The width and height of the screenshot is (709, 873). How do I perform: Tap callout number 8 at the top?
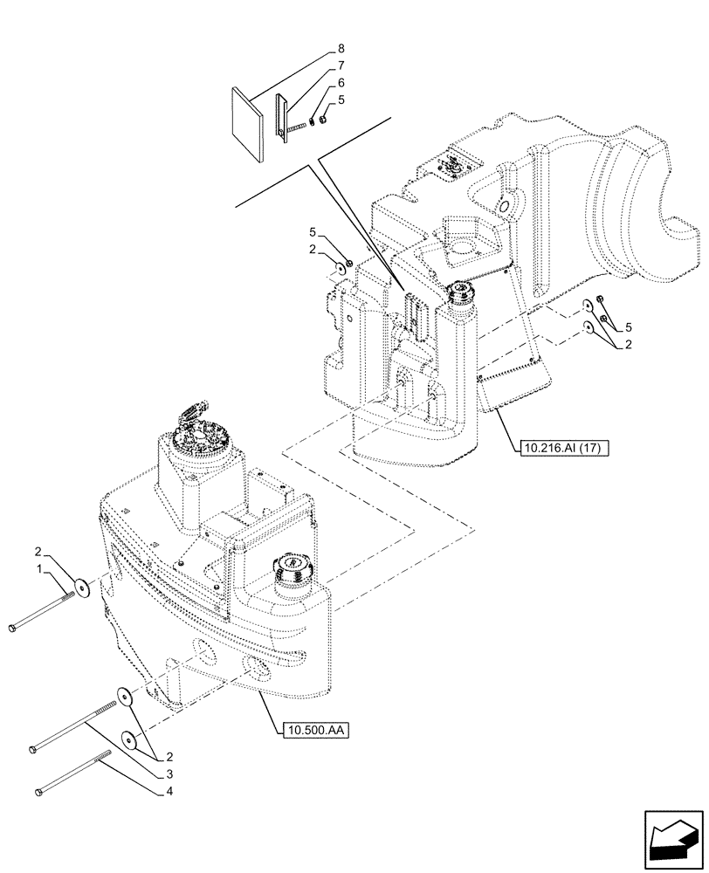click(340, 48)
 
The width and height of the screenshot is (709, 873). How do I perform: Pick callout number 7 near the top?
click(340, 65)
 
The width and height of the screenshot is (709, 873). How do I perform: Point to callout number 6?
click(340, 82)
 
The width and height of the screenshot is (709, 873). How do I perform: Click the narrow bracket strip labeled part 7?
click(282, 116)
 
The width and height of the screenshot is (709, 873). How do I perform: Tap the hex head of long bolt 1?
click(12, 628)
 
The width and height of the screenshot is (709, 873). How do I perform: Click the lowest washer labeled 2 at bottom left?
click(129, 740)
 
